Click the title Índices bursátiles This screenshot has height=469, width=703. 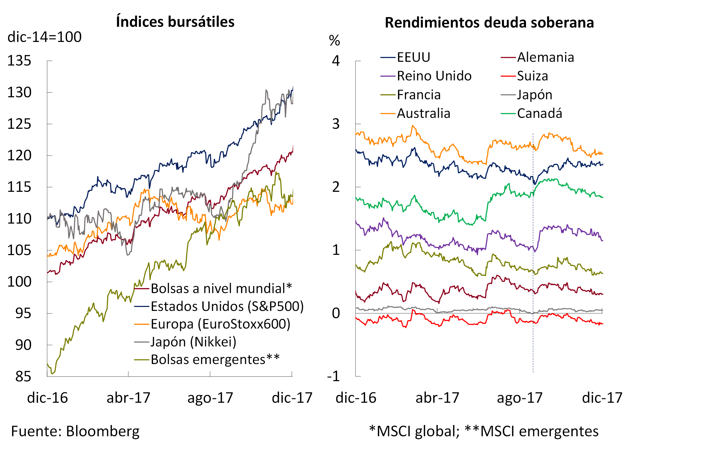(x=175, y=22)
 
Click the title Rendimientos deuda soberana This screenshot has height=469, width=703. (x=489, y=23)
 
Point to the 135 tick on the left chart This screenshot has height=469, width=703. (x=19, y=61)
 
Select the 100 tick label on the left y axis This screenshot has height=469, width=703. (x=19, y=282)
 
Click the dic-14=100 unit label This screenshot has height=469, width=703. (x=45, y=37)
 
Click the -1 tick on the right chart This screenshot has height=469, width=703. (x=333, y=376)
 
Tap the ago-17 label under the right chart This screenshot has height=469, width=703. (x=520, y=398)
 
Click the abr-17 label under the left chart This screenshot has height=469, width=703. (x=128, y=398)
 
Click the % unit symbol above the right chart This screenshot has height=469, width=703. (x=334, y=40)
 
